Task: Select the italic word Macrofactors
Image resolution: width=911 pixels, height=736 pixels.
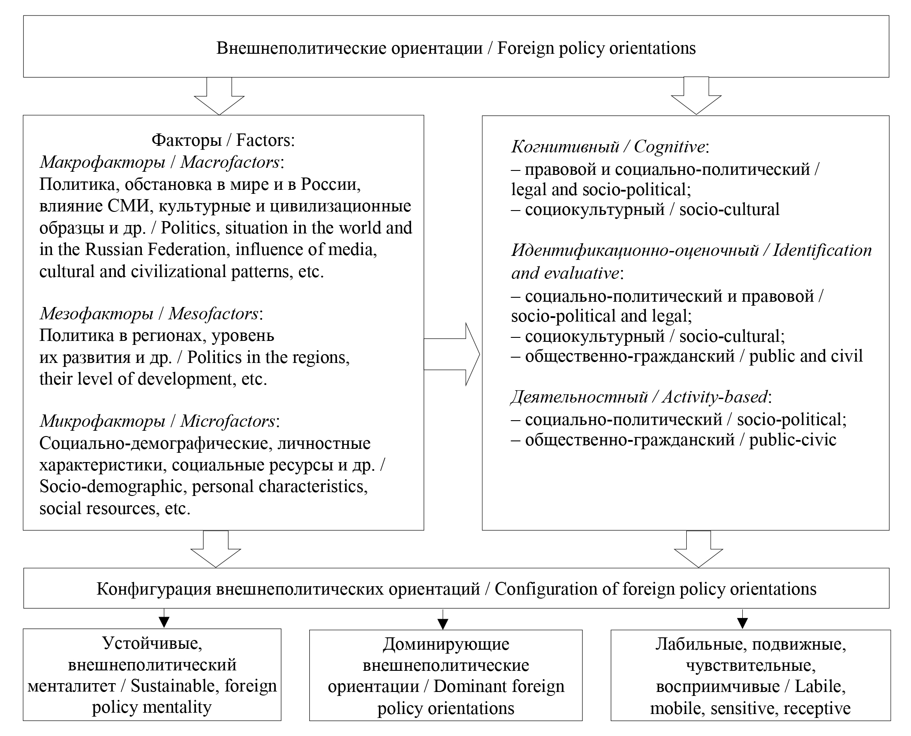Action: pyautogui.click(x=230, y=163)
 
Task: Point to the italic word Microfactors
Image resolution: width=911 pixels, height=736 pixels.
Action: pyautogui.click(x=227, y=422)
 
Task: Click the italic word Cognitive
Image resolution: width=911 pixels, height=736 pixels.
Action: pyautogui.click(x=669, y=147)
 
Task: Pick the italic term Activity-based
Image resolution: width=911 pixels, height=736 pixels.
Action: pyautogui.click(x=715, y=397)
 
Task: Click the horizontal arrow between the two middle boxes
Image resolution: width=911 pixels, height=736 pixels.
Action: pyautogui.click(x=452, y=354)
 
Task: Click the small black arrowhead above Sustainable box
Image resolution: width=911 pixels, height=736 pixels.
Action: pyautogui.click(x=164, y=621)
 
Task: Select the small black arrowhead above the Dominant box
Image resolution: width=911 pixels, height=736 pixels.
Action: pyautogui.click(x=443, y=624)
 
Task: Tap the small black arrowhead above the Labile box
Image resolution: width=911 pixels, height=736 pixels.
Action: pyautogui.click(x=743, y=623)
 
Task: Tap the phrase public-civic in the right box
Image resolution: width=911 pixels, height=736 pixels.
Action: pyautogui.click(x=792, y=440)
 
